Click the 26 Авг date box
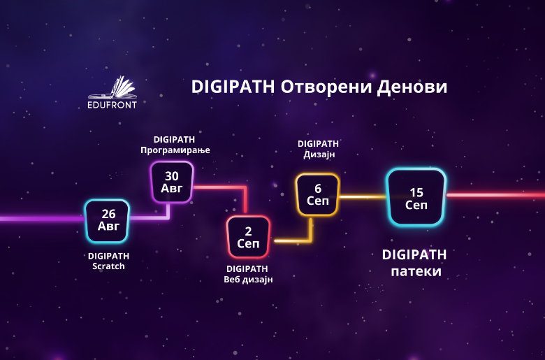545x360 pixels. (108, 220)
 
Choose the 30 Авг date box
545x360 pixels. (171, 182)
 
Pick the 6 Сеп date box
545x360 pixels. (317, 194)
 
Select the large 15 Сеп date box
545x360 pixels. (416, 197)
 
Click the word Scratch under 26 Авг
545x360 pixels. (108, 266)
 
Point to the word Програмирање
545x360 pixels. (175, 150)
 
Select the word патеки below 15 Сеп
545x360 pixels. (416, 271)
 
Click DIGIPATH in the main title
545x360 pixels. (233, 87)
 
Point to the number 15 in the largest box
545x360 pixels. (416, 191)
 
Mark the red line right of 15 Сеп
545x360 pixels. (496, 195)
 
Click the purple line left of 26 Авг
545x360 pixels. (42, 219)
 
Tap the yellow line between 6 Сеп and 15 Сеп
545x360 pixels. (363, 196)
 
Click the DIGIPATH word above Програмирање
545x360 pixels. (174, 138)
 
